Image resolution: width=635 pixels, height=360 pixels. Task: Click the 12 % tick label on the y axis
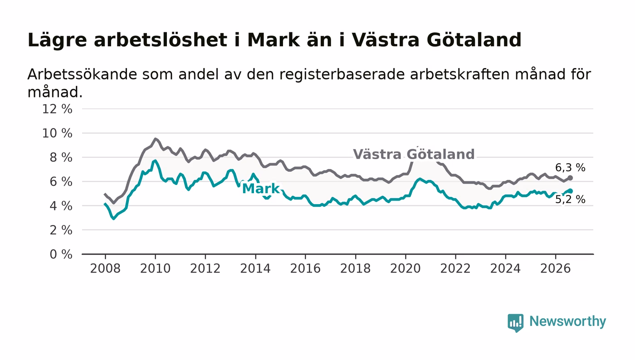coord(57,109)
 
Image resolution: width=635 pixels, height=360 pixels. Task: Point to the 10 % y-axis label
coord(57,133)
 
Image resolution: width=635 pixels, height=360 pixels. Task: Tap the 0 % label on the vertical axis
coord(61,254)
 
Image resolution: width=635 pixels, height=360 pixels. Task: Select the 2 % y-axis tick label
coord(61,230)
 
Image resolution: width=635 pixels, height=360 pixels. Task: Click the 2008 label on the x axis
coord(105,268)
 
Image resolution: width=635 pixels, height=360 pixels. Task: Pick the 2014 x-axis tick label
coord(255,268)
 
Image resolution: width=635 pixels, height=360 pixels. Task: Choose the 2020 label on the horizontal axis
coord(405,268)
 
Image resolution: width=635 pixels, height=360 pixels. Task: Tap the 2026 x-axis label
coord(555,268)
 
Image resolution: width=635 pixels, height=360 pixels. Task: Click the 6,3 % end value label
coord(570,167)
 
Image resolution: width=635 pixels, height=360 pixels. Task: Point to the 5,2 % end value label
coord(570,199)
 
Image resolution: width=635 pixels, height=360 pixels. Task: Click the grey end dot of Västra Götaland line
coord(571,178)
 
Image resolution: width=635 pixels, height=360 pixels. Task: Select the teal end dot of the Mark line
coord(571,191)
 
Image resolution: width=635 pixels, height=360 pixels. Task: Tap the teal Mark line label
coord(261,189)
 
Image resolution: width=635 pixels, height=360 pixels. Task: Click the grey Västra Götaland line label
coord(414,154)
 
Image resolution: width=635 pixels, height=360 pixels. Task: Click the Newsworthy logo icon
coord(515,322)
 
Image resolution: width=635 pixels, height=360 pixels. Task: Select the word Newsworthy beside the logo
coord(567,321)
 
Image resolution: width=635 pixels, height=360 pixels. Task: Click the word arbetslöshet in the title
coord(161,40)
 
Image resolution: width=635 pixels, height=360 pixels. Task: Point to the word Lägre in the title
coord(57,40)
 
